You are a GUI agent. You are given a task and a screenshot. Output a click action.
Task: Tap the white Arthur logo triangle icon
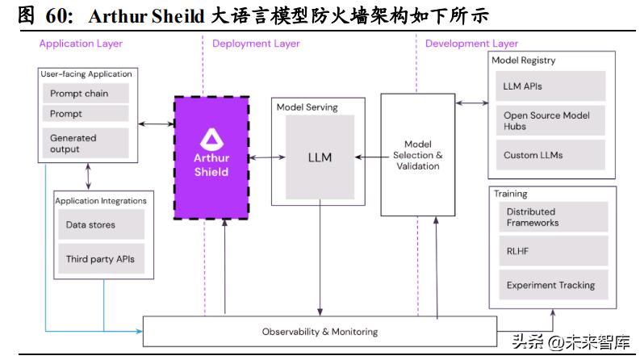pyautogui.click(x=211, y=138)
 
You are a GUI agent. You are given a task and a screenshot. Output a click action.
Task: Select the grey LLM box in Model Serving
pyautogui.click(x=320, y=157)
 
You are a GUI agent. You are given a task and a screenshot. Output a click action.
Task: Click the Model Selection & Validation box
pyautogui.click(x=417, y=155)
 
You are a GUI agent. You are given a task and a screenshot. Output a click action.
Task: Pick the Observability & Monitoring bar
pyautogui.click(x=320, y=332)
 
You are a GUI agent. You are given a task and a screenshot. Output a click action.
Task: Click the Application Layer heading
pyautogui.click(x=82, y=44)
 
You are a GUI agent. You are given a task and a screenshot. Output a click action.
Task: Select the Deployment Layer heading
pyautogui.click(x=256, y=44)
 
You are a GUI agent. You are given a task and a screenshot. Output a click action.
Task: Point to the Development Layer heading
pyautogui.click(x=472, y=44)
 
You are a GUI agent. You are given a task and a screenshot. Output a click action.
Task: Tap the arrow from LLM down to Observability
pyautogui.click(x=320, y=258)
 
